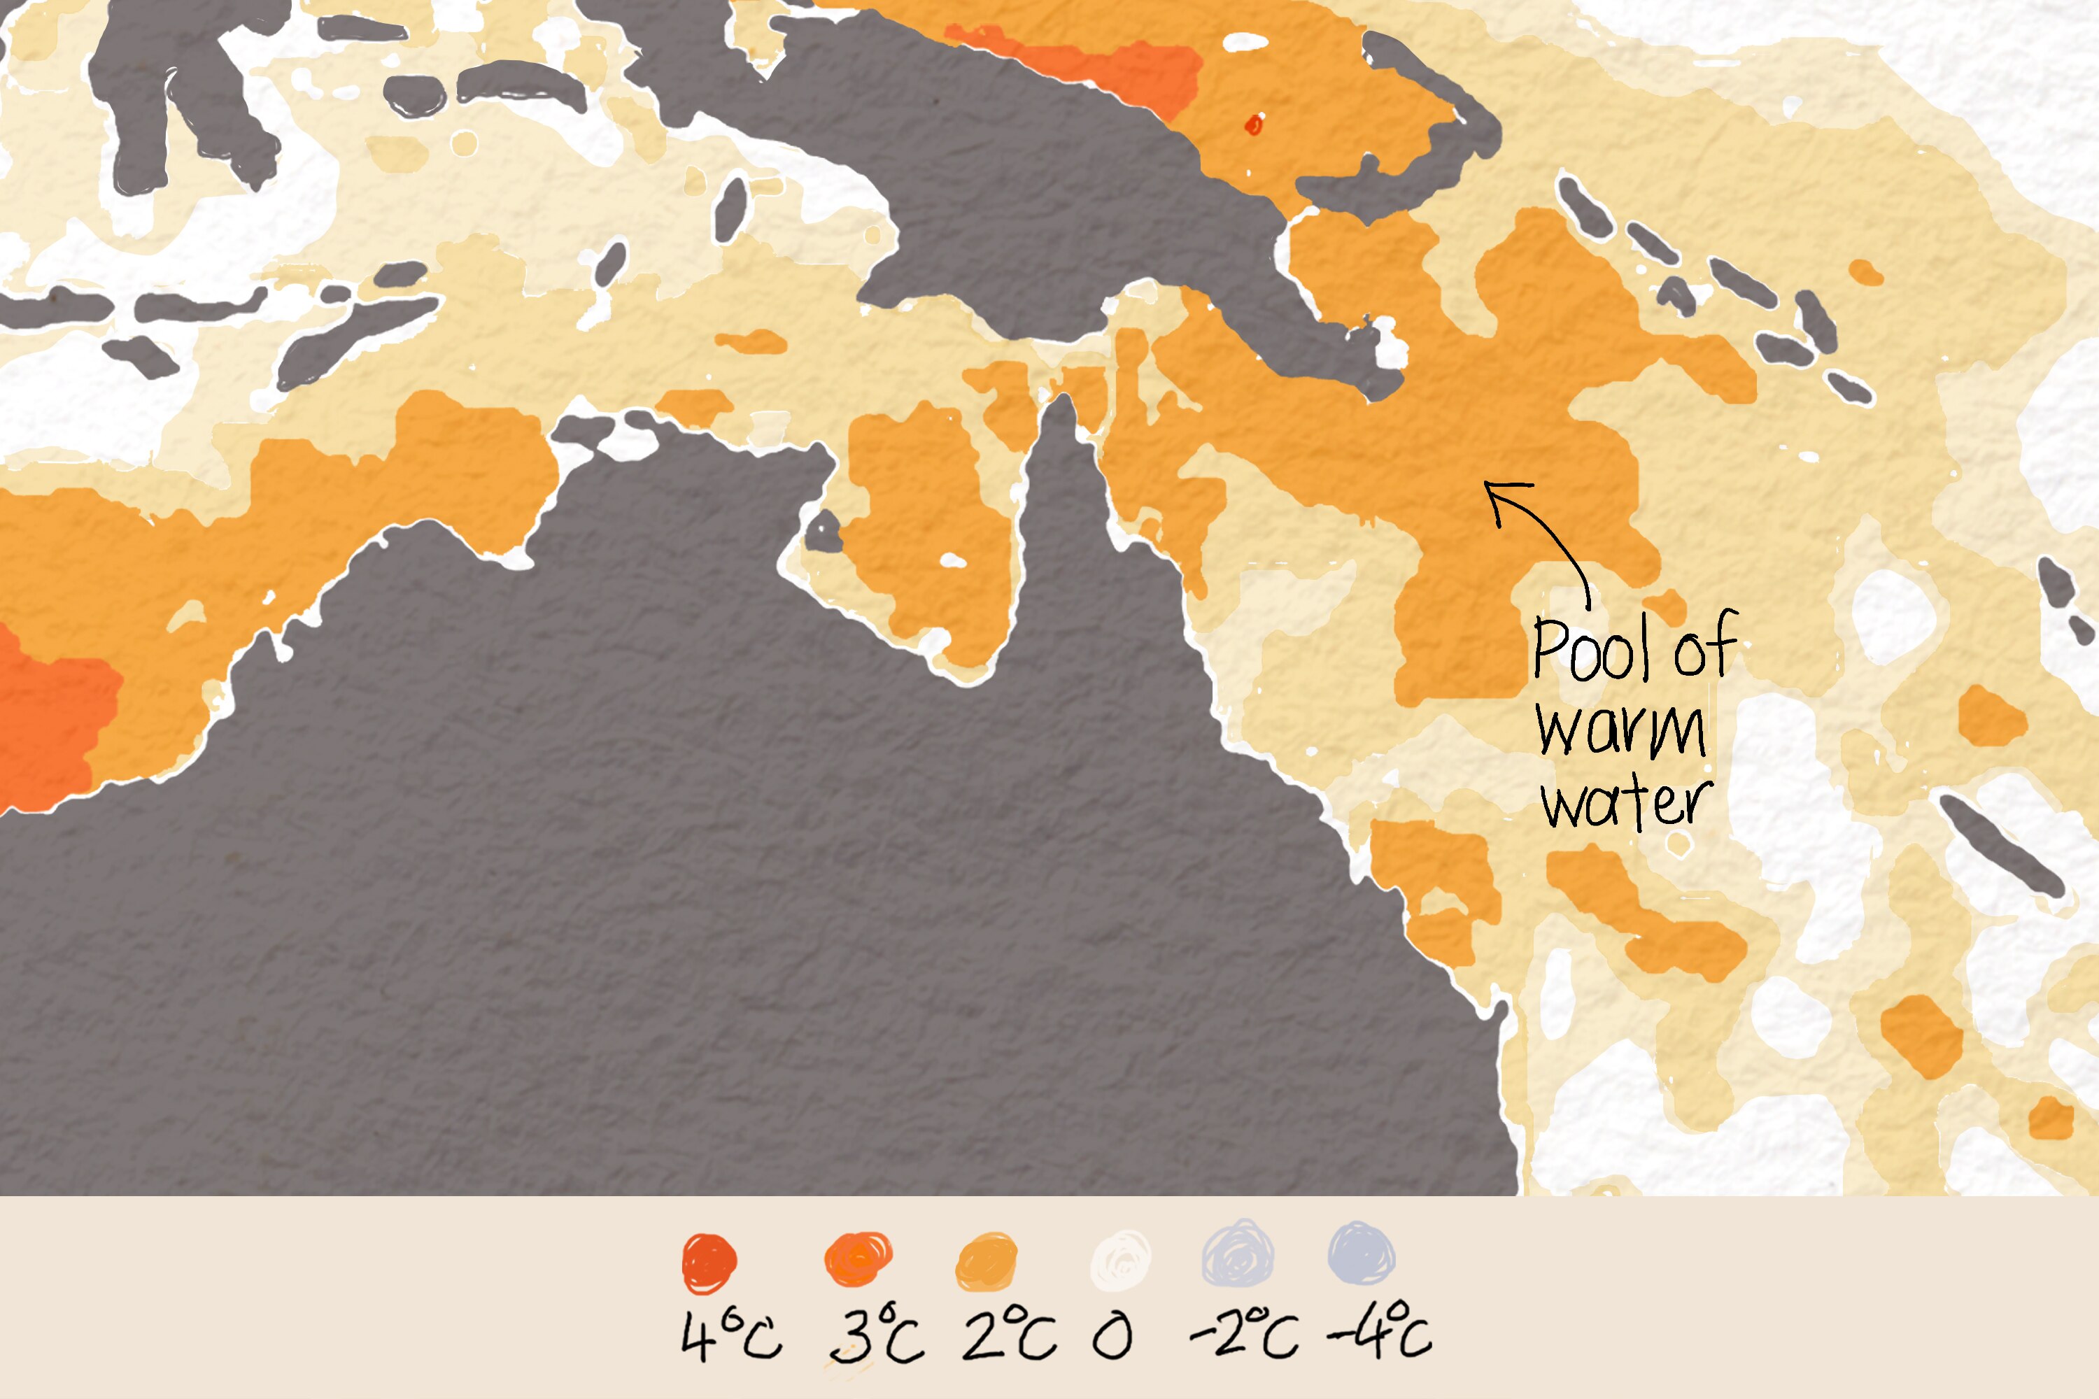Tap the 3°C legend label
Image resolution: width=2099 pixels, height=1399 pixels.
click(877, 1335)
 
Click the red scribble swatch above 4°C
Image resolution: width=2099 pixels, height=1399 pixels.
click(709, 1262)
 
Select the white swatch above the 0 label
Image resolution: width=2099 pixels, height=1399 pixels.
click(1121, 1260)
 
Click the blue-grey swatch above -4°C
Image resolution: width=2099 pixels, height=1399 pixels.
click(1361, 1254)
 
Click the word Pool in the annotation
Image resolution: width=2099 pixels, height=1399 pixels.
click(1594, 648)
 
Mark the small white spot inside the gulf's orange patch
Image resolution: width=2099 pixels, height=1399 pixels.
click(952, 560)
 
